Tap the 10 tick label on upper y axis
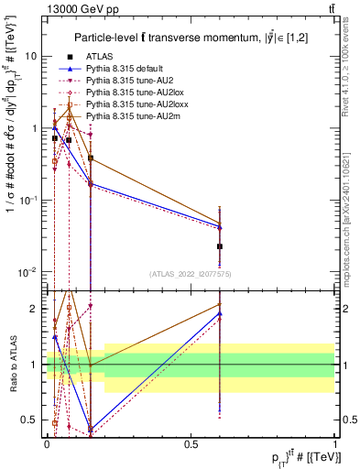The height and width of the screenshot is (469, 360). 30,56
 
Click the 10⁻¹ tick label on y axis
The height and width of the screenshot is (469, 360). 27,200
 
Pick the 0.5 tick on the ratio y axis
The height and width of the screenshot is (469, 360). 32,420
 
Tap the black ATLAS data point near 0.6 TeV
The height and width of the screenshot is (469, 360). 220,246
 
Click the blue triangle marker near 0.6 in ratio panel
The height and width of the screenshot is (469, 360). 220,314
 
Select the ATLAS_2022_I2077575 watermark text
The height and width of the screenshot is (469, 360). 191,274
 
